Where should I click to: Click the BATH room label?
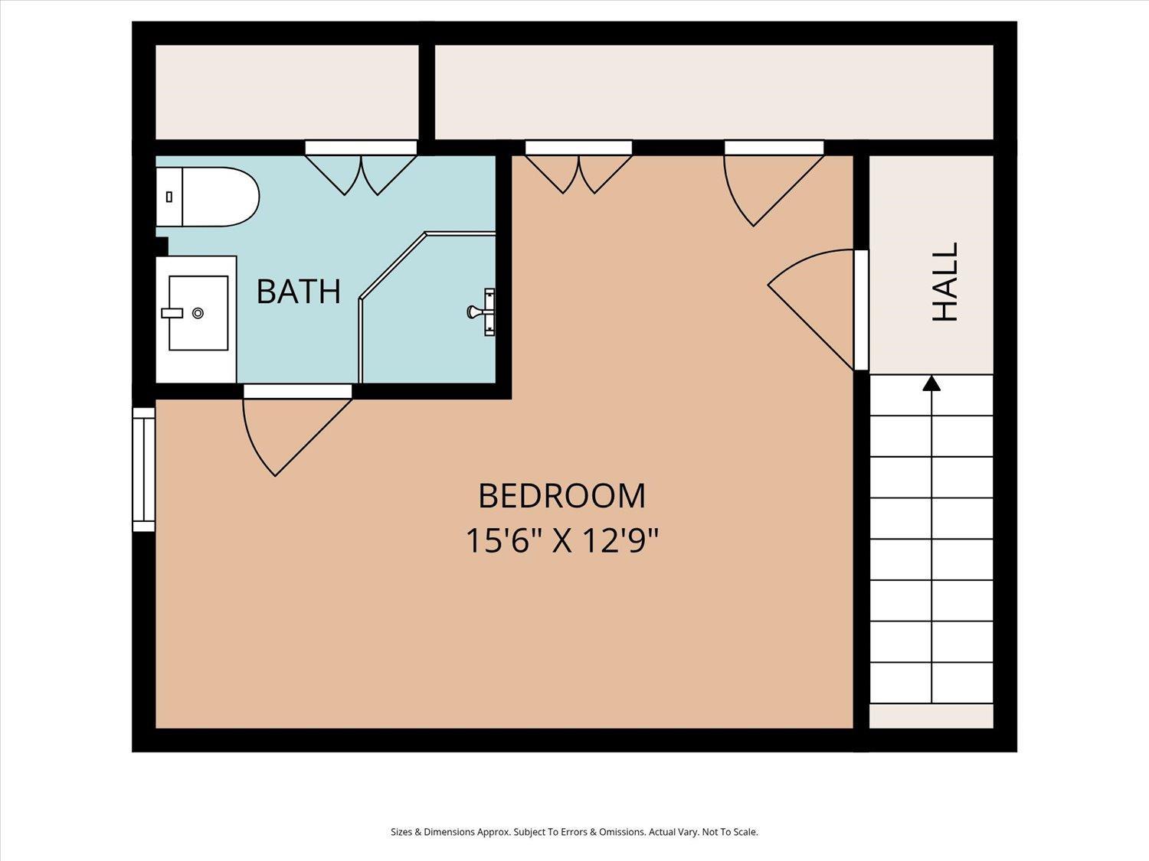click(299, 291)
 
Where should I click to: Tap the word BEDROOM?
click(562, 496)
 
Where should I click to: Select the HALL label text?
click(945, 282)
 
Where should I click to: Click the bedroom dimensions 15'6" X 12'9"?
click(561, 540)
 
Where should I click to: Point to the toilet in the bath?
click(208, 197)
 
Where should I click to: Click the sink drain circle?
click(198, 313)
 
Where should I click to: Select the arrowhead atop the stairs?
click(931, 383)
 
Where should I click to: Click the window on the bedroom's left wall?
click(143, 469)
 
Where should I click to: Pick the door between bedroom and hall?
click(817, 309)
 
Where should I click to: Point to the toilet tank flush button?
click(169, 197)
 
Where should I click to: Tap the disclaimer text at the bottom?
click(574, 832)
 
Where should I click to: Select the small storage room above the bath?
click(286, 92)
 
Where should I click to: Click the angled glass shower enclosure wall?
click(394, 266)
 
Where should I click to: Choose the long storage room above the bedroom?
click(714, 92)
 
